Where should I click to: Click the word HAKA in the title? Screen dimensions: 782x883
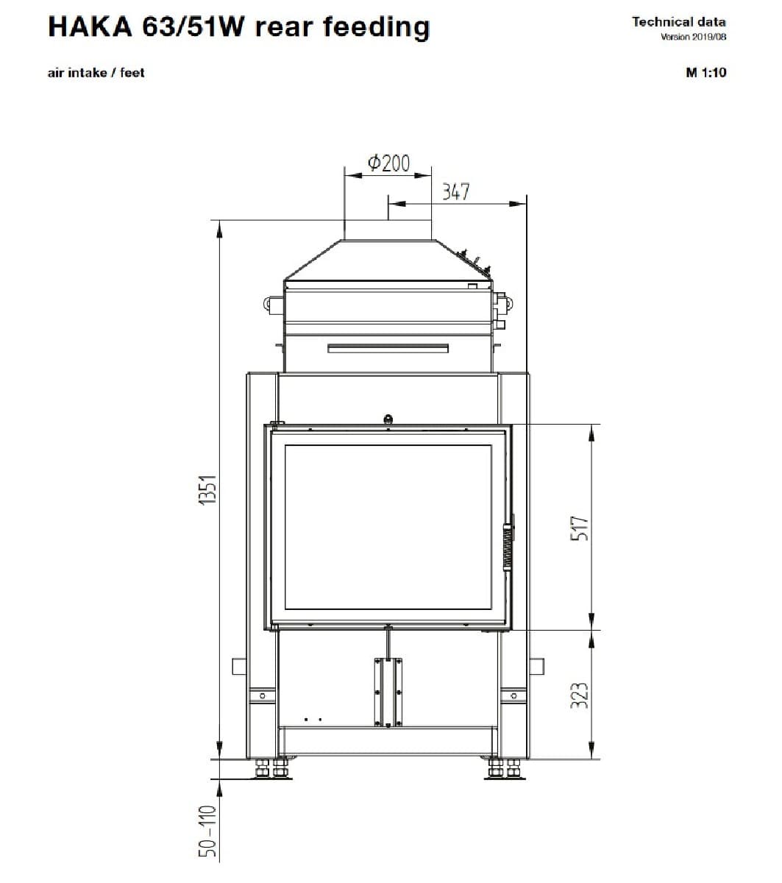pos(89,27)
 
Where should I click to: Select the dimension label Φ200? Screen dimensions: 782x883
pos(388,163)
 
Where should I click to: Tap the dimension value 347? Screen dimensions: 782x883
pos(455,192)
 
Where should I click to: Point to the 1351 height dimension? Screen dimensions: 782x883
pos(207,489)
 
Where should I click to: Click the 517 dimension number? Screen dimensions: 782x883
pos(580,528)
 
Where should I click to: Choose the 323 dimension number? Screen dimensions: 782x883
pos(580,695)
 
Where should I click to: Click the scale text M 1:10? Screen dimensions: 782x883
pos(705,72)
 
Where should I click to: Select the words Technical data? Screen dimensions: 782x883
pos(679,22)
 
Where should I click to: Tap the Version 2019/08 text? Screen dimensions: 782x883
pos(693,37)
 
